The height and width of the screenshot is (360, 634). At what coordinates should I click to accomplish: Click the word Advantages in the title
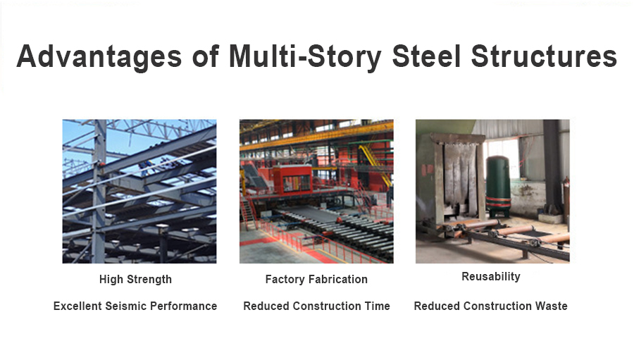[99, 56]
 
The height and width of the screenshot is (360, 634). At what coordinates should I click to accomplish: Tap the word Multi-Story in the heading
[305, 56]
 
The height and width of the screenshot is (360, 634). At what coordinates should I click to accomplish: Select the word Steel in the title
[427, 56]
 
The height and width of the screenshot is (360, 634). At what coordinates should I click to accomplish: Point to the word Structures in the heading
[545, 56]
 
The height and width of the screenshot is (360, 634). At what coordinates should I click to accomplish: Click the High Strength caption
[135, 280]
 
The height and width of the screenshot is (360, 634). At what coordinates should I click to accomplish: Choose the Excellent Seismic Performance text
[135, 306]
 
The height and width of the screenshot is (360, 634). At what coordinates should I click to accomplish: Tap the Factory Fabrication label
[316, 279]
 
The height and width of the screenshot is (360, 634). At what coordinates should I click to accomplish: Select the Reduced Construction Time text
[316, 306]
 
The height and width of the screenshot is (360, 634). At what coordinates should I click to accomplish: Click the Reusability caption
[491, 277]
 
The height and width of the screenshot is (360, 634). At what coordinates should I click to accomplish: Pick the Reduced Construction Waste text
[490, 306]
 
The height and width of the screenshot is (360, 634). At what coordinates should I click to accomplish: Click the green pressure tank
[498, 187]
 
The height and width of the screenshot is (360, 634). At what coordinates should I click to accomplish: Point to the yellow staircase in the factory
[375, 165]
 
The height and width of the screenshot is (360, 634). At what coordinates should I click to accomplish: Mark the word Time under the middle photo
[378, 306]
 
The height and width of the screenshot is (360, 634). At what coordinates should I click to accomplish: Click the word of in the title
[206, 56]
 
